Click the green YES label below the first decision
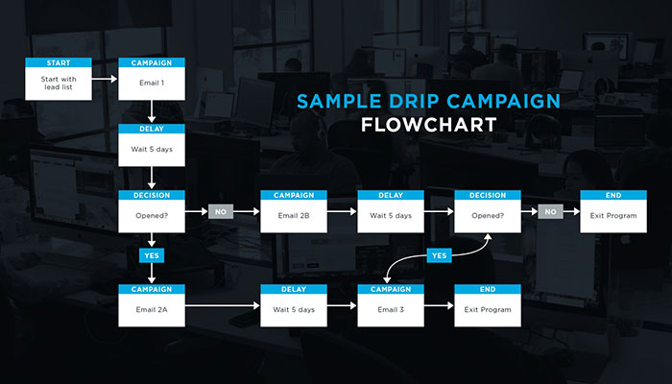pos(151,256)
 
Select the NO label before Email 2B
pos(221,210)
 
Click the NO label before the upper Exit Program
pos(549,210)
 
